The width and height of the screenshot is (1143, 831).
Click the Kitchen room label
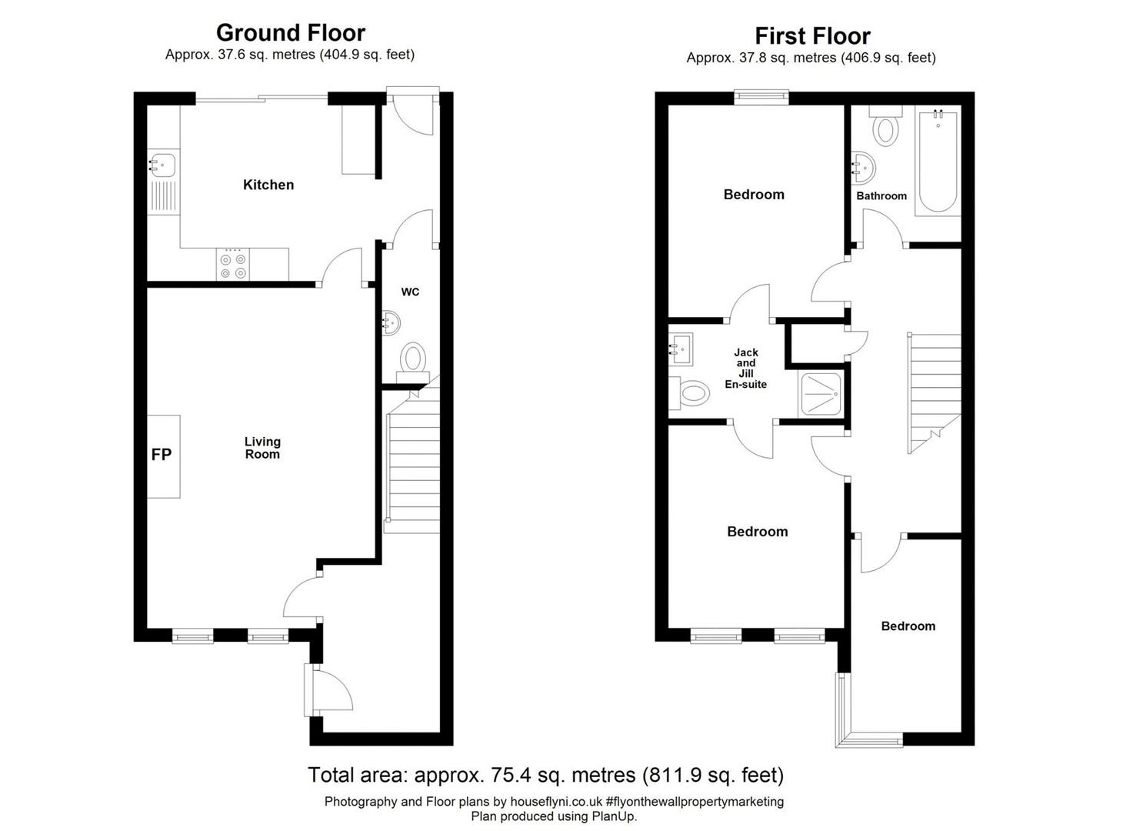tap(268, 185)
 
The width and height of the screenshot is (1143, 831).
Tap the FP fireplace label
tap(162, 454)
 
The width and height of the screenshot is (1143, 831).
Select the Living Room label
tap(262, 448)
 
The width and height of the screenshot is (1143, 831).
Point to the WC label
tap(410, 292)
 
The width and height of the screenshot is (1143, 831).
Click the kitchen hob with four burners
tap(233, 265)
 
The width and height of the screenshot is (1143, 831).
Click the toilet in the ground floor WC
tap(413, 362)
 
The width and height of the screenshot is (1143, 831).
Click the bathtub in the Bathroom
tap(938, 160)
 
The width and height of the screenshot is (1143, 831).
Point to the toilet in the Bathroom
tap(885, 126)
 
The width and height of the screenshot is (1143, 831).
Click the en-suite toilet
tap(689, 393)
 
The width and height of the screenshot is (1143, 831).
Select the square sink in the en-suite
tap(681, 349)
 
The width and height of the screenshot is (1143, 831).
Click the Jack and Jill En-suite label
tap(745, 368)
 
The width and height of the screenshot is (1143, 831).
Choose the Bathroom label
tap(881, 196)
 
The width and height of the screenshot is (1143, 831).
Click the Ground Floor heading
tap(290, 32)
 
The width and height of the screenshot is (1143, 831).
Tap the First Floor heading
tap(812, 36)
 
